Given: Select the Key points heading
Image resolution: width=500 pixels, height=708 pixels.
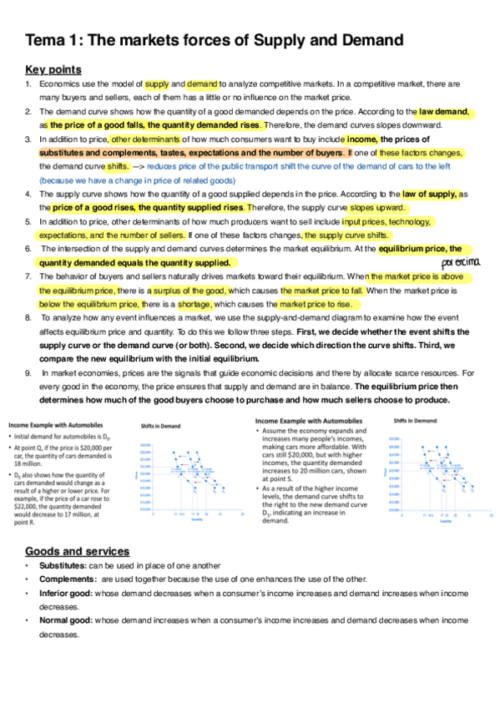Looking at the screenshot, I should (x=52, y=69).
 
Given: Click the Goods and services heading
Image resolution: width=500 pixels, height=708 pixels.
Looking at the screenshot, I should (x=77, y=551).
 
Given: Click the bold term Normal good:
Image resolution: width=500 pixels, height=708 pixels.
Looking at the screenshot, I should (x=65, y=620).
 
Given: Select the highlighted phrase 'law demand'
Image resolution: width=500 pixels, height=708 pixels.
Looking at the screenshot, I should (x=444, y=111).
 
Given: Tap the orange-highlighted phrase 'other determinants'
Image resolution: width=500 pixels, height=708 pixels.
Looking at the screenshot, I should (x=145, y=139).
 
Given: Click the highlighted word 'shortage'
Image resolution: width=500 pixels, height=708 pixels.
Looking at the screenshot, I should (x=194, y=304).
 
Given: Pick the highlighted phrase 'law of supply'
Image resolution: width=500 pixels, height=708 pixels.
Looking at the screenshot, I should (x=430, y=194).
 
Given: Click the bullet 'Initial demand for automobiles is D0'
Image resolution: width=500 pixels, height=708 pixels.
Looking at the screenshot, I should (x=62, y=437).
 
